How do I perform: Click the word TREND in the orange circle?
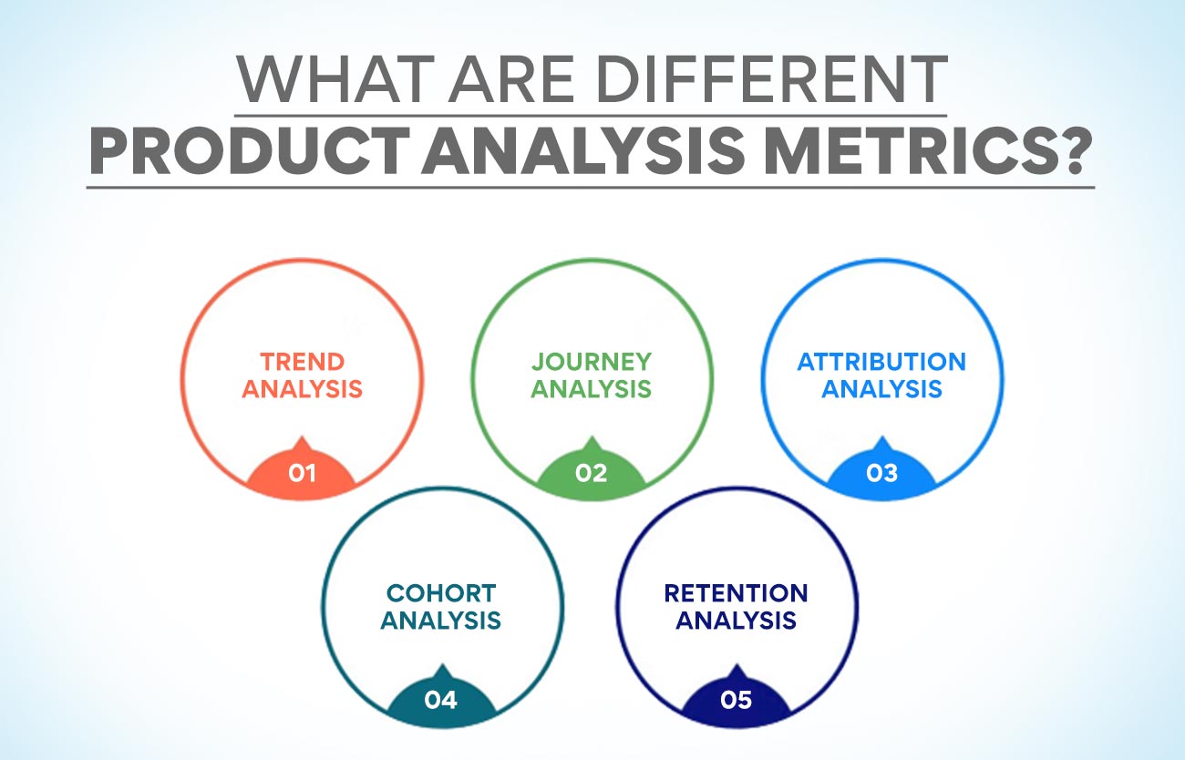[x=302, y=362]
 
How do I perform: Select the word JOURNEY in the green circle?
[x=592, y=362]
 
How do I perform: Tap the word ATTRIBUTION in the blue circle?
[x=881, y=362]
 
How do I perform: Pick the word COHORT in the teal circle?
[x=440, y=593]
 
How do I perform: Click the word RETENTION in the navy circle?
[x=736, y=593]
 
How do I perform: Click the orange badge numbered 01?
[x=302, y=474]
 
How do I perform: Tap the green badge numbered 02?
[x=592, y=474]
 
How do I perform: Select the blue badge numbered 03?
[x=881, y=474]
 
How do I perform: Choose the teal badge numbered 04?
[x=440, y=701]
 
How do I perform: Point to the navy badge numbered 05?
[x=736, y=701]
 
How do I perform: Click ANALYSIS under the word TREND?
[x=302, y=389]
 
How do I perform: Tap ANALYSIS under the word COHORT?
[x=440, y=621]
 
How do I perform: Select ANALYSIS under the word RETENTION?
[x=736, y=621]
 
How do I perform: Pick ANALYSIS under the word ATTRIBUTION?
[x=881, y=389]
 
